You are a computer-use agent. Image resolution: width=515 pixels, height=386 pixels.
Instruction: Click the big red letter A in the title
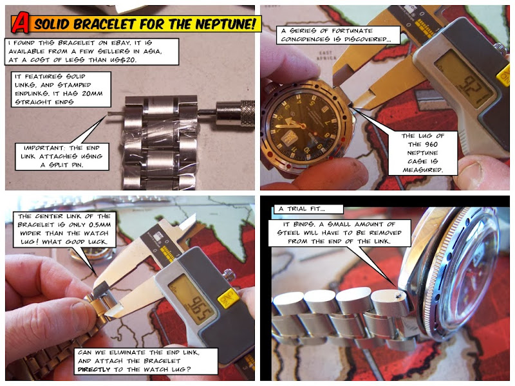[20, 23]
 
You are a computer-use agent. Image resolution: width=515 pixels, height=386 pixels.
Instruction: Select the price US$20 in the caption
[122, 60]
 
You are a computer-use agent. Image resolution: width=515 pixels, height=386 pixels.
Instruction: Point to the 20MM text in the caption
[92, 93]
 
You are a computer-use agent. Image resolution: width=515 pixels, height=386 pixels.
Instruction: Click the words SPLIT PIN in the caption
[66, 165]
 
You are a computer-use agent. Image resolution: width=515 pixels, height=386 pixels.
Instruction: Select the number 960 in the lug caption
[431, 144]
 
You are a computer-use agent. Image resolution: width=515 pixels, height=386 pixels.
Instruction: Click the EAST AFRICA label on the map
[326, 55]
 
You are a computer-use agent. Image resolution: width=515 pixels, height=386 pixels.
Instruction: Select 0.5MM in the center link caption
[100, 225]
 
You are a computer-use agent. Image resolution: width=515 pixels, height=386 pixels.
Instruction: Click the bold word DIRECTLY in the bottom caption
[94, 369]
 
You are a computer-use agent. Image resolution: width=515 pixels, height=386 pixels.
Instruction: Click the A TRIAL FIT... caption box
[308, 209]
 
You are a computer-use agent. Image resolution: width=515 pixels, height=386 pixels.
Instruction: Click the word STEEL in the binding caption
[288, 233]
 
